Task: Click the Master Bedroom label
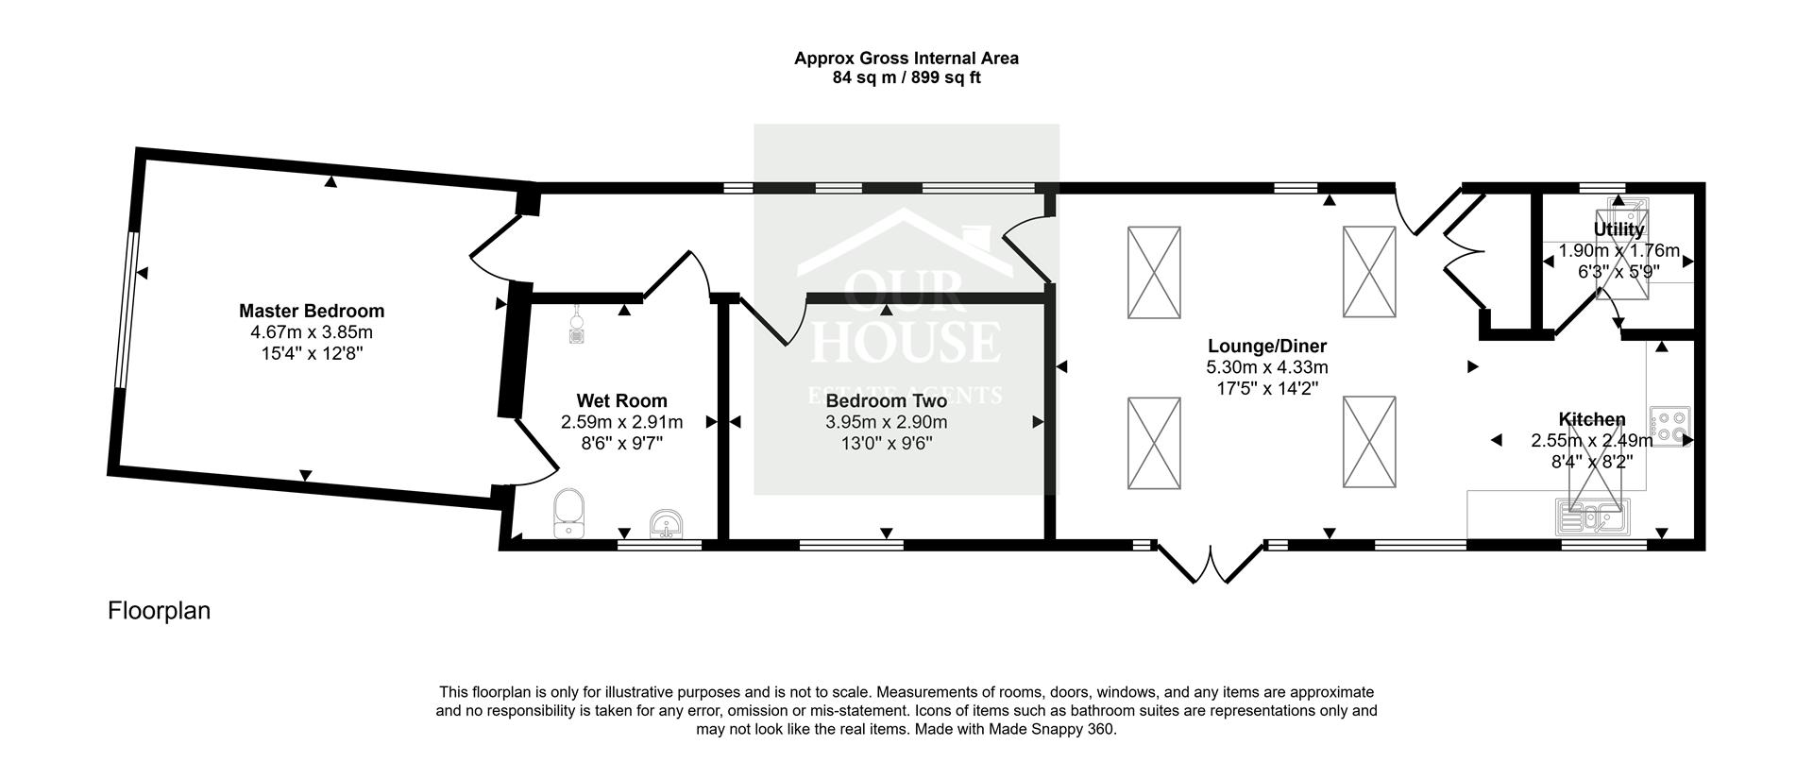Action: [x=312, y=311]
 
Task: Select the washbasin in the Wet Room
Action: [x=667, y=523]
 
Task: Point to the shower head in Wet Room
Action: [x=577, y=326]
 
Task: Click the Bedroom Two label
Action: [x=886, y=401]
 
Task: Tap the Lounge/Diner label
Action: [x=1266, y=346]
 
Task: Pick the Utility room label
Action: [x=1618, y=229]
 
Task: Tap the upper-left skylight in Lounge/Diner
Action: [x=1154, y=272]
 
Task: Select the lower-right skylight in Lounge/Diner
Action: [x=1369, y=442]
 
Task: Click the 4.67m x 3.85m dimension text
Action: [x=312, y=332]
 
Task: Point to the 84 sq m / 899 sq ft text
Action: [x=906, y=78]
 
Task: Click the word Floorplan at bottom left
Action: [x=159, y=611]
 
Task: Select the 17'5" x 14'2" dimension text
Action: [x=1266, y=387]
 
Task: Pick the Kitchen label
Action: [x=1591, y=419]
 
